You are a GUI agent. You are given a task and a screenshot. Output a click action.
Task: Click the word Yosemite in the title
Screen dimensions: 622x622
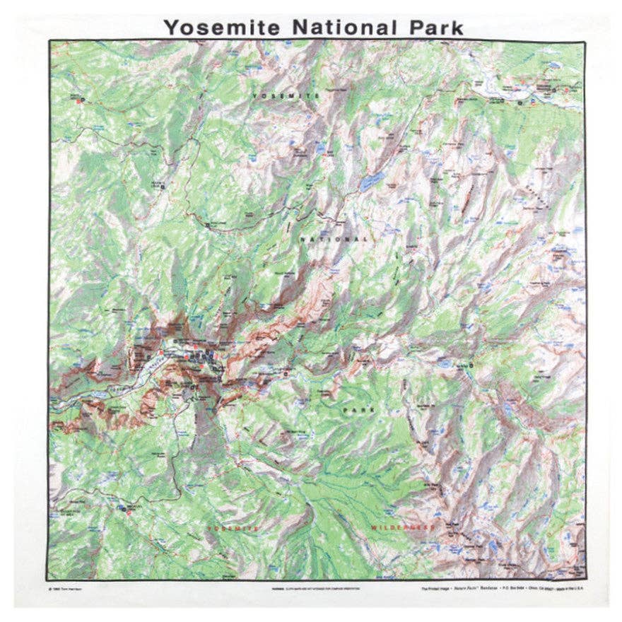tap(223, 27)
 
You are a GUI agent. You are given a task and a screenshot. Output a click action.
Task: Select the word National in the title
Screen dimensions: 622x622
tap(342, 27)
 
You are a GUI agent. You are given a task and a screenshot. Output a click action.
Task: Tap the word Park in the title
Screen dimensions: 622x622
tap(433, 27)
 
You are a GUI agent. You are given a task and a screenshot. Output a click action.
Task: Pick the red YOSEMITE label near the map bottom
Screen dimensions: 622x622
tap(233, 527)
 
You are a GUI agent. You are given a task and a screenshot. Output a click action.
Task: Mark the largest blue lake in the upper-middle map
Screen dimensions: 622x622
tap(368, 182)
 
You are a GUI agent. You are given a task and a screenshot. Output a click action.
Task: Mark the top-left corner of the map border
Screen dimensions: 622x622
tap(49, 41)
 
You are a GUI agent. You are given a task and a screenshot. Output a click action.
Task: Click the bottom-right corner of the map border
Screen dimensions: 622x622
tap(585, 580)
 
